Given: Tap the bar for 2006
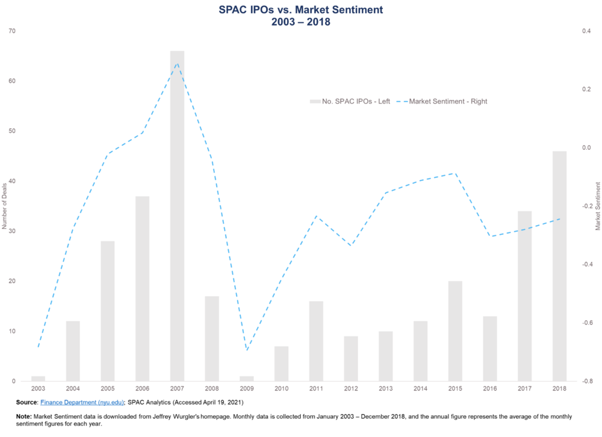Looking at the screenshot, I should click(x=142, y=288).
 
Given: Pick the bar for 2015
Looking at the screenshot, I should click(x=455, y=331).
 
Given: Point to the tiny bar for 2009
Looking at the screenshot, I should click(x=247, y=379).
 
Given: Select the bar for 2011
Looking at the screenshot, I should click(x=316, y=341).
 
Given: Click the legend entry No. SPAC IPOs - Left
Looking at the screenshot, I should click(x=350, y=101).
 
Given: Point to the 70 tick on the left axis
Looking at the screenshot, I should click(x=13, y=31).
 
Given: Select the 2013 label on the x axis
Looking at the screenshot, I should click(x=385, y=389).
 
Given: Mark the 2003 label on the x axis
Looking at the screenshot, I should click(x=38, y=389).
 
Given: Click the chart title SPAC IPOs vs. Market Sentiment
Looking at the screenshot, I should click(x=300, y=10).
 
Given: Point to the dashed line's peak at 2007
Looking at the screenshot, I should click(x=177, y=63).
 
